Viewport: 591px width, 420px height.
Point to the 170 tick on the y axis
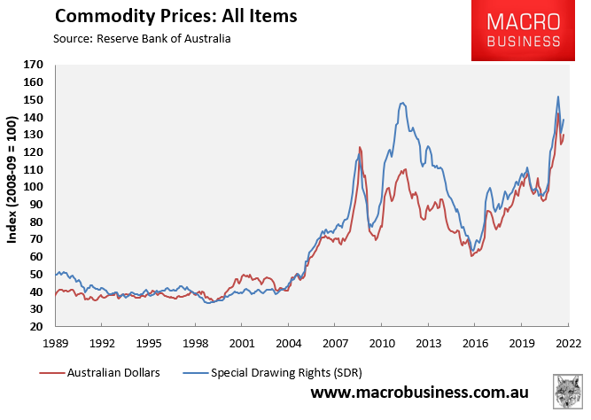click(x=34, y=65)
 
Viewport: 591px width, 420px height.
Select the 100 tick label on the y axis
click(x=34, y=187)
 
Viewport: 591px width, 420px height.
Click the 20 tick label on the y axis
click(x=36, y=326)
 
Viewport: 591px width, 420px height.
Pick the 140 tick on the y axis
click(x=34, y=117)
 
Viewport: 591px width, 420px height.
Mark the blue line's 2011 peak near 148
click(x=402, y=103)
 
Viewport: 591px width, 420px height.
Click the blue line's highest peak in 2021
click(x=557, y=97)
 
